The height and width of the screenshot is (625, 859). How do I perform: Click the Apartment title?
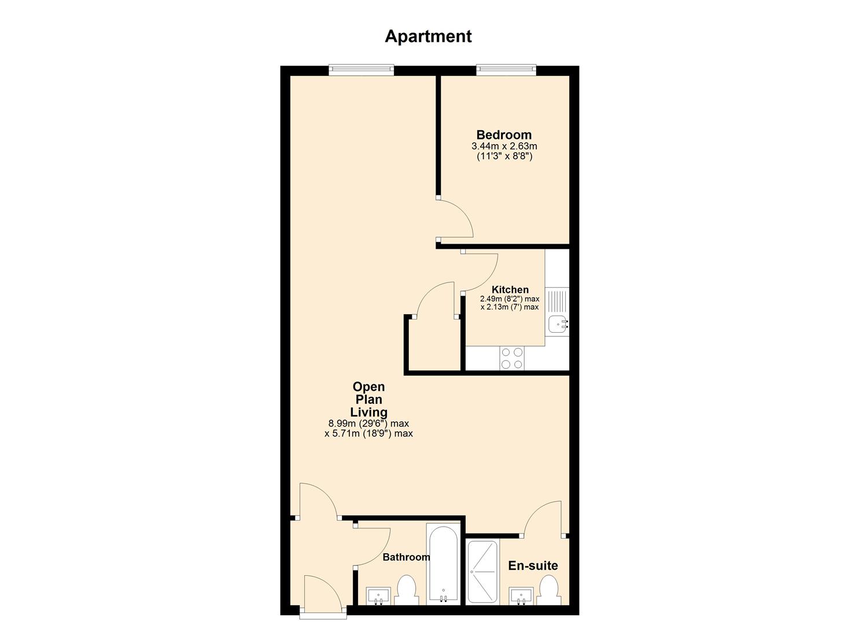(x=428, y=37)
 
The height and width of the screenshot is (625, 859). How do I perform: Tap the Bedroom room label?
(x=504, y=135)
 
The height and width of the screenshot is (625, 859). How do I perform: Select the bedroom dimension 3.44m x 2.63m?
(x=504, y=146)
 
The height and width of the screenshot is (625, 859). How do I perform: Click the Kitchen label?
(x=510, y=289)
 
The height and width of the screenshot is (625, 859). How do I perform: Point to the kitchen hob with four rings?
(x=512, y=358)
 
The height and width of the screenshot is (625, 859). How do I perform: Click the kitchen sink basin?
(x=558, y=324)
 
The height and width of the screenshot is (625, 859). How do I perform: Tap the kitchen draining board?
(x=557, y=300)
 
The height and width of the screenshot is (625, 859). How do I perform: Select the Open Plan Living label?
(x=368, y=399)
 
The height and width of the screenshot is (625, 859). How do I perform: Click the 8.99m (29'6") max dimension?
(x=368, y=424)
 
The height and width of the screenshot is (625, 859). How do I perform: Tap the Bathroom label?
(x=406, y=557)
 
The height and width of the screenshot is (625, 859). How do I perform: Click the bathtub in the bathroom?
(x=443, y=564)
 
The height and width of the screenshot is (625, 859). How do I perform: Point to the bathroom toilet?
(x=406, y=590)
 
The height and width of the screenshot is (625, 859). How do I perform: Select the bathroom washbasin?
(x=378, y=596)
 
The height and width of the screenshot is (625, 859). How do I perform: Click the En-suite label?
(x=533, y=565)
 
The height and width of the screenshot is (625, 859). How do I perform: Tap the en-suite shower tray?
(x=483, y=572)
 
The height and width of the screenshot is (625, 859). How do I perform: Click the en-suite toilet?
(x=549, y=591)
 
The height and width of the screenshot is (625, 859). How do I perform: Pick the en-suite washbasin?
(x=521, y=596)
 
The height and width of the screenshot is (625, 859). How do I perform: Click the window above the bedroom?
(x=506, y=70)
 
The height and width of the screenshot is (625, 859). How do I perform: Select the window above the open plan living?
(x=361, y=70)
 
